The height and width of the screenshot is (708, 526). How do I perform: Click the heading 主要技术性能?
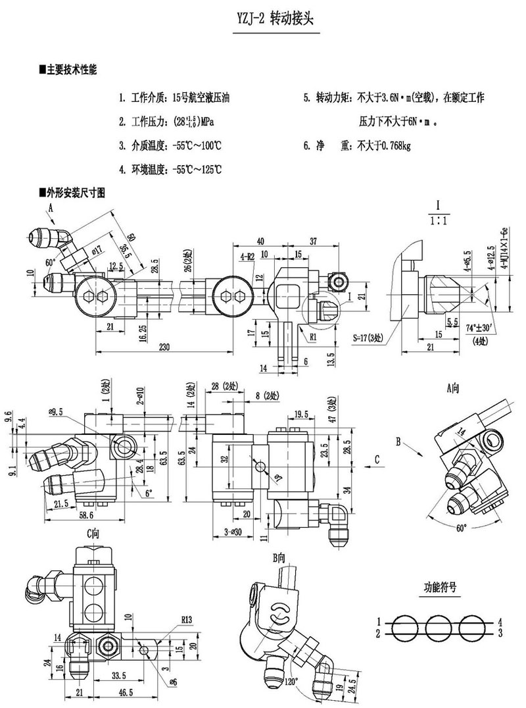(71, 70)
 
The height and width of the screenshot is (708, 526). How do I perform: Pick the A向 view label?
(453, 388)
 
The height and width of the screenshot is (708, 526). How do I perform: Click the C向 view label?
(93, 534)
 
